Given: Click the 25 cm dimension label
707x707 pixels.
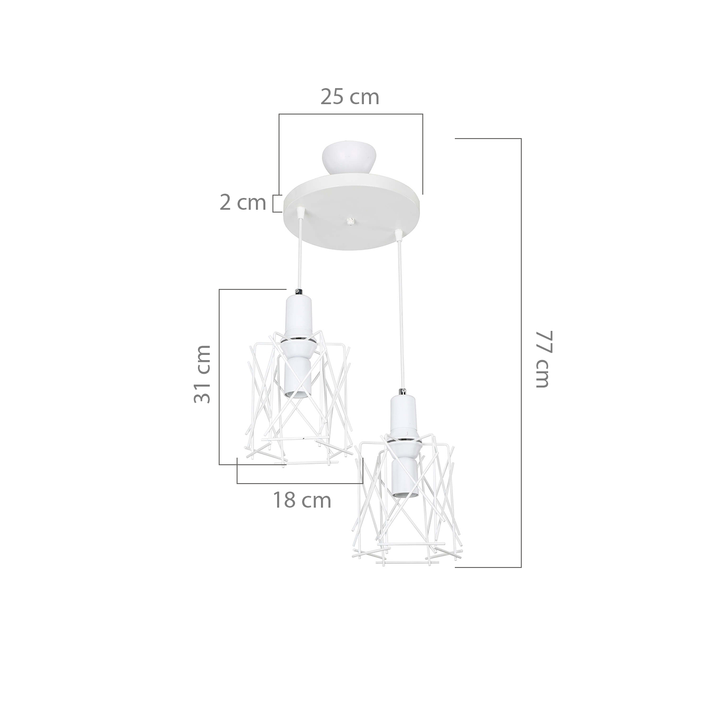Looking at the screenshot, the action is point(350,97).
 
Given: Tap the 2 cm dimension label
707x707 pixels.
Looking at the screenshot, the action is point(243,203).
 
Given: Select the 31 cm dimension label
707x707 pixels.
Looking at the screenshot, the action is point(202,374).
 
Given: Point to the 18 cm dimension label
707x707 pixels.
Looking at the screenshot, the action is point(302,500).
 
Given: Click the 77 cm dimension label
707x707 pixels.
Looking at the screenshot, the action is point(542,359).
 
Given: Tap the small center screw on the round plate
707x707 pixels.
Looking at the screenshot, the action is point(349,221).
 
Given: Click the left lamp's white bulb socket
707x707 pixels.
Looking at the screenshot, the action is point(298,346).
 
